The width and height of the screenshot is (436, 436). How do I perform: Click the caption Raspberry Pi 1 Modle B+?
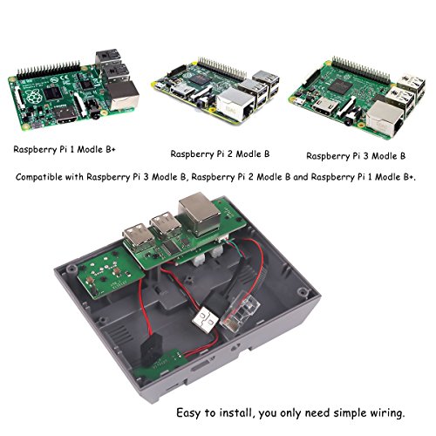tap(65, 150)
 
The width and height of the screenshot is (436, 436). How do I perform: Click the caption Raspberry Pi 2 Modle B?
tap(220, 154)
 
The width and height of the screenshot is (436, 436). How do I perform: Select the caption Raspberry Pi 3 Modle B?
tap(356, 156)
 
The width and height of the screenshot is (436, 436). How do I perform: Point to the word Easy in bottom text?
tap(188, 413)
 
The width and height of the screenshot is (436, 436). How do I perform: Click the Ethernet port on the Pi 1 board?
tap(123, 94)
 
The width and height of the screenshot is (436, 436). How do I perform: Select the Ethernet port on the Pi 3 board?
tap(385, 119)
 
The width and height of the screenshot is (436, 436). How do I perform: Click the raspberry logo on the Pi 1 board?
tap(33, 96)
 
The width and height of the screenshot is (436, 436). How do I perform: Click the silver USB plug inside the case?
tap(205, 321)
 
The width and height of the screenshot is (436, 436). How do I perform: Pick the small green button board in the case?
tap(111, 272)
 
